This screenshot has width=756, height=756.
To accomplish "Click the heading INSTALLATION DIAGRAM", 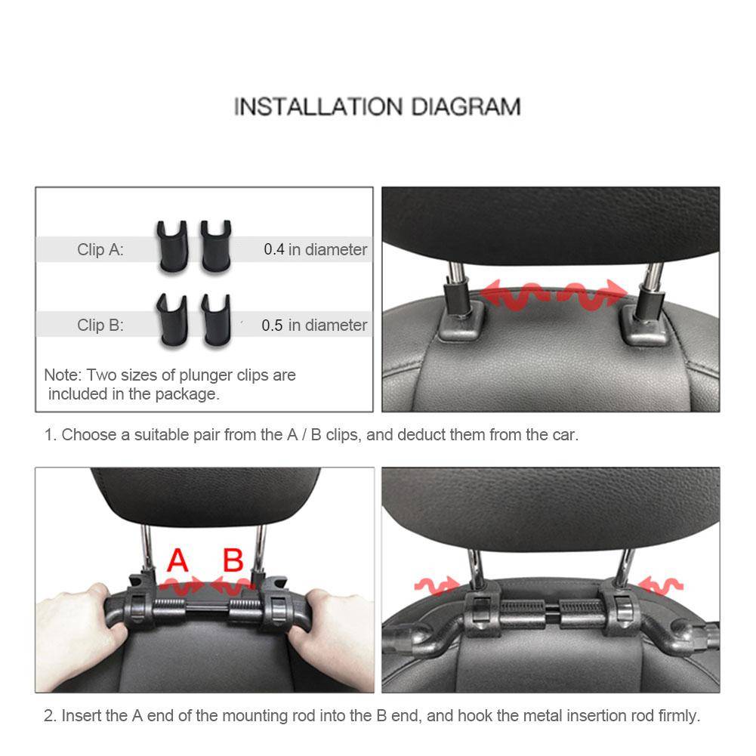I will (x=377, y=106).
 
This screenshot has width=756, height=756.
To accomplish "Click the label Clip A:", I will (x=100, y=250).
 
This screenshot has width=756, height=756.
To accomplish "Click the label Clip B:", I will (x=100, y=326).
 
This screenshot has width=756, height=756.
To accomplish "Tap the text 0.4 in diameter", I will (x=315, y=249).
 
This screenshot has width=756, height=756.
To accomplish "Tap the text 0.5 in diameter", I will (x=314, y=326).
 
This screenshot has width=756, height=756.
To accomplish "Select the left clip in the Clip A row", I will (x=171, y=245).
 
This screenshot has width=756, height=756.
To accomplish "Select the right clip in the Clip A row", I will (x=215, y=245).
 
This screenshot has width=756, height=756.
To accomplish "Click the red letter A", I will (x=177, y=561).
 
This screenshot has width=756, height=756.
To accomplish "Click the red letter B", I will (x=233, y=561).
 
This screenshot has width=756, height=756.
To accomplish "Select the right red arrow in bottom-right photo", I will (x=661, y=584).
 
